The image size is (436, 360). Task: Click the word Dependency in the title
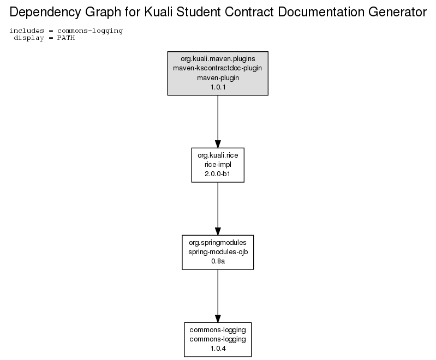coord(45,13)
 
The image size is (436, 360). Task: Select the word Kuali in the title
coord(158,12)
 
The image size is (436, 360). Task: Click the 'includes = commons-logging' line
coord(66,31)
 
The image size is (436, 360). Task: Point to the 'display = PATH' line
coord(44,38)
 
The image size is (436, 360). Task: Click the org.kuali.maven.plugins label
coord(218,59)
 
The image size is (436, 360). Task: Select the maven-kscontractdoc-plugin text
coord(217,68)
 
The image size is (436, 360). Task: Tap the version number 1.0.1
coord(218,87)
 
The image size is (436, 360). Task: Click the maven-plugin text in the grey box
coord(218,78)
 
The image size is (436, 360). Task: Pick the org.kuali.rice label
coord(218,155)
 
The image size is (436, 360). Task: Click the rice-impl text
coord(218,165)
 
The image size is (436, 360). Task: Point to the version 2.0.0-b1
coord(217,174)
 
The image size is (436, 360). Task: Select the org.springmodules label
coord(218,243)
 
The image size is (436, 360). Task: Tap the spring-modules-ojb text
coord(218,252)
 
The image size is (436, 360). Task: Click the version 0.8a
coord(218,261)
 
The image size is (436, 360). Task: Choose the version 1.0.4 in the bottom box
coord(218,349)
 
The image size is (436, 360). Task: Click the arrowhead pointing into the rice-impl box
coord(218,144)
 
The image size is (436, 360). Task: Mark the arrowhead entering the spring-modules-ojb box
coord(218,231)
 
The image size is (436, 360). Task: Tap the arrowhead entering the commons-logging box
coord(218,319)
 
